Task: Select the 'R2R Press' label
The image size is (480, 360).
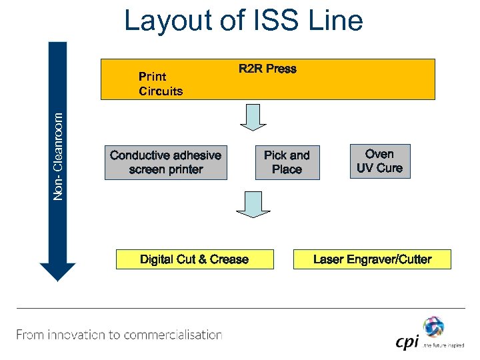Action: point(267,69)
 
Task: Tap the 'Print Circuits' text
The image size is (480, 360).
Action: point(160,84)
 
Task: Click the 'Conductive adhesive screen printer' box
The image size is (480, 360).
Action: point(165,163)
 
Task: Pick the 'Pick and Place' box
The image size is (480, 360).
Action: point(287,163)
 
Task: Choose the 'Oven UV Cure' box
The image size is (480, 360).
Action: point(379,161)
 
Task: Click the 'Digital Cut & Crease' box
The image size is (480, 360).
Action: point(195,259)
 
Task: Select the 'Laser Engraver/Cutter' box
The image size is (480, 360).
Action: point(372,259)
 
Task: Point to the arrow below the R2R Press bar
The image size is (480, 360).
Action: point(253,118)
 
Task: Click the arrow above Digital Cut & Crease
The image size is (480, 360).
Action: point(253,204)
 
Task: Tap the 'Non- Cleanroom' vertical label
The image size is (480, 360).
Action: point(59,155)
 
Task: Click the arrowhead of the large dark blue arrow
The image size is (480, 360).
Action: point(58,271)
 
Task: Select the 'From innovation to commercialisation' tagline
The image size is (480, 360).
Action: point(119,335)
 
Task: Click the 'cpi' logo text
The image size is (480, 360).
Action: point(407,342)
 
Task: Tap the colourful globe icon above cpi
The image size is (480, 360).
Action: point(433,327)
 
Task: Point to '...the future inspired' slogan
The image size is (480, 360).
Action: point(441,345)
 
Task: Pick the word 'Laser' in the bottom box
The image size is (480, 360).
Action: point(329,259)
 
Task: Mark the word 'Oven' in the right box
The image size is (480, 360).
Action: point(379,154)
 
